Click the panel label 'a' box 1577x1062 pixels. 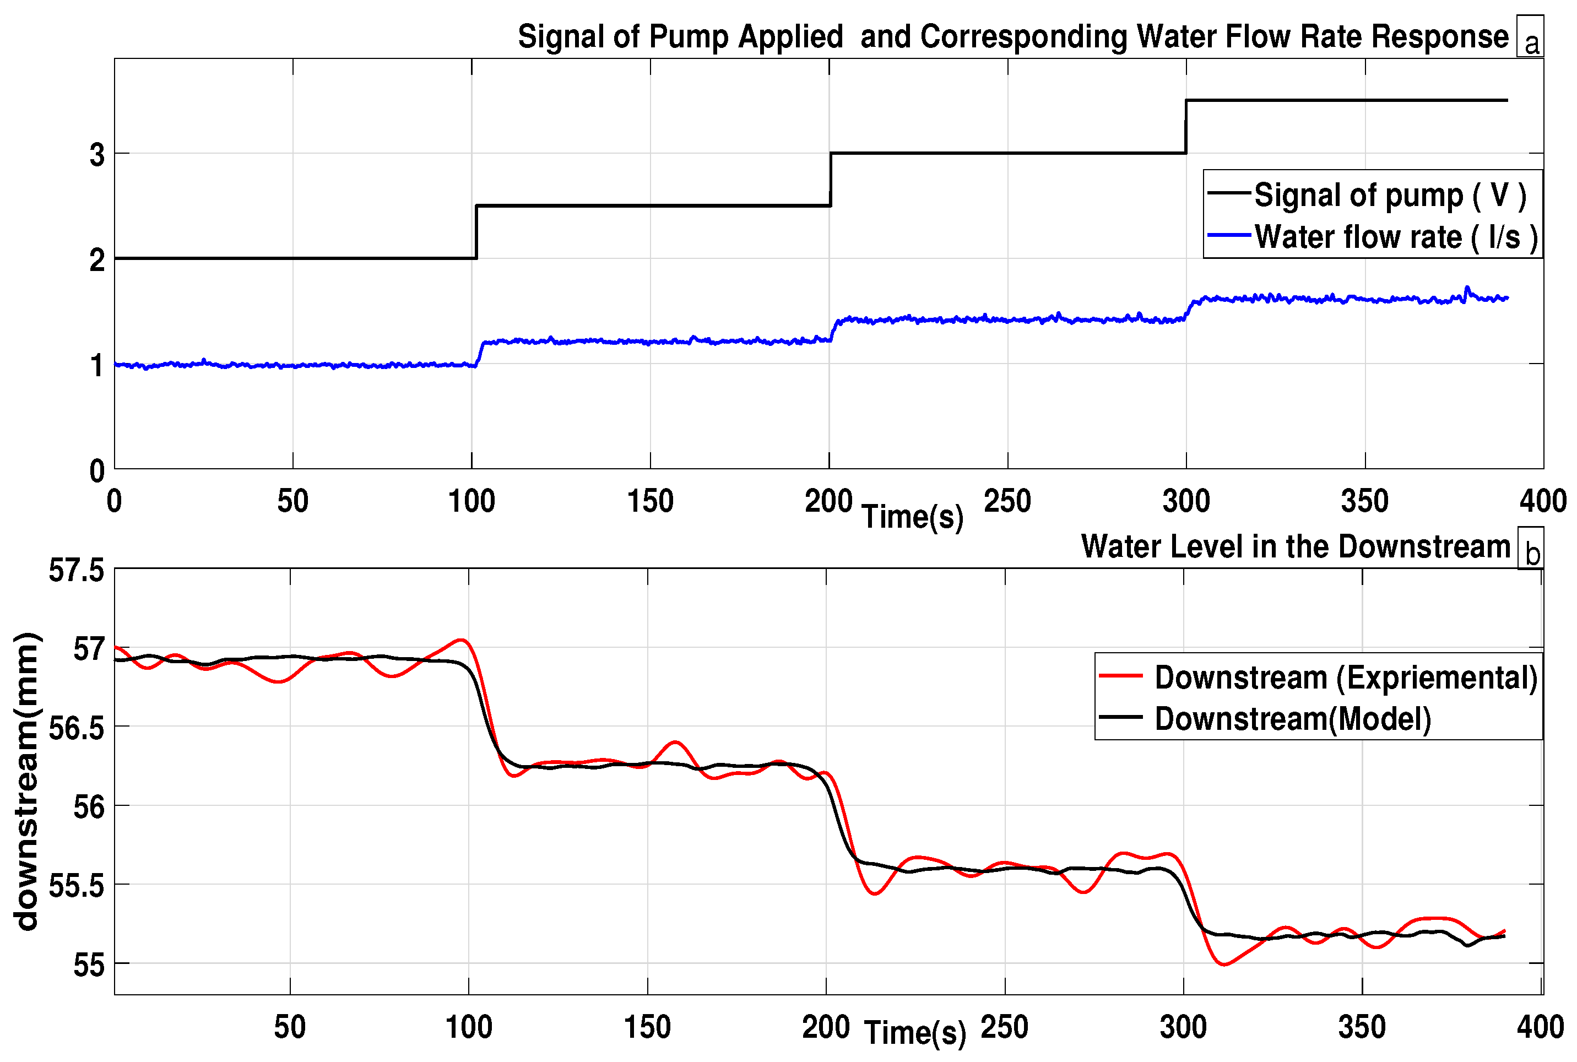coord(1530,36)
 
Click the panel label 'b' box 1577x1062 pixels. coord(1530,548)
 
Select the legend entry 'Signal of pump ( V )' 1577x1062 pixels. coord(1389,195)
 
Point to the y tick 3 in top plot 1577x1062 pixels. coord(97,154)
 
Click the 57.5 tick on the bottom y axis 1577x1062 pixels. coord(77,570)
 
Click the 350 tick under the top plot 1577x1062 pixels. coord(1364,501)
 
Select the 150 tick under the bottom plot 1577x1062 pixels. coord(647,1027)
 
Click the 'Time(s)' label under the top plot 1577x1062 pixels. coord(912,517)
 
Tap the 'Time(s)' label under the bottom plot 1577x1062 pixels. coord(915,1033)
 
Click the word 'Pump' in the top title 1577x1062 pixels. coord(688,36)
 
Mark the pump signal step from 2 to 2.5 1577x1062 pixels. coord(476,232)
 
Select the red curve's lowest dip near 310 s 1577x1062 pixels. coord(1223,964)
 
